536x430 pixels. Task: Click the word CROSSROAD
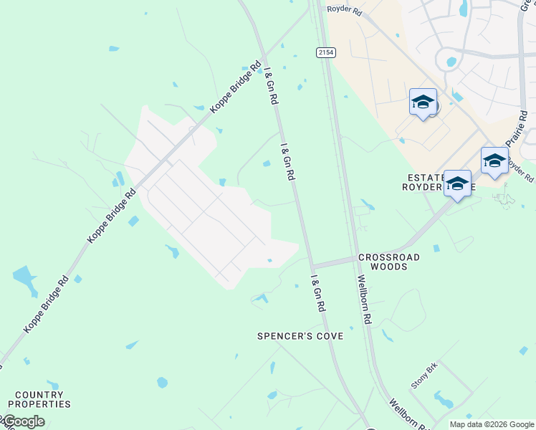(388, 257)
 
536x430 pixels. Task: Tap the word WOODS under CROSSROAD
(389, 267)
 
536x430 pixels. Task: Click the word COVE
(330, 336)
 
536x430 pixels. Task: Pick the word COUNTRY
(40, 395)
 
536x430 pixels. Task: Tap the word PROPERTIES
(39, 404)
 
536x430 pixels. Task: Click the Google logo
(23, 421)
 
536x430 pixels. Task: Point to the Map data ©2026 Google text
(492, 424)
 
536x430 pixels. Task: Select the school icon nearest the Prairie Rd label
(494, 161)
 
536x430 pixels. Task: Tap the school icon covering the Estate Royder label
(457, 184)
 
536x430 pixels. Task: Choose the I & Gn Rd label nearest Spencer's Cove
(318, 293)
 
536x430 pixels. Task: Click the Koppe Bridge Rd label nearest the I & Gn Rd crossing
(235, 87)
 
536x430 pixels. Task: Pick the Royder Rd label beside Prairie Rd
(521, 169)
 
